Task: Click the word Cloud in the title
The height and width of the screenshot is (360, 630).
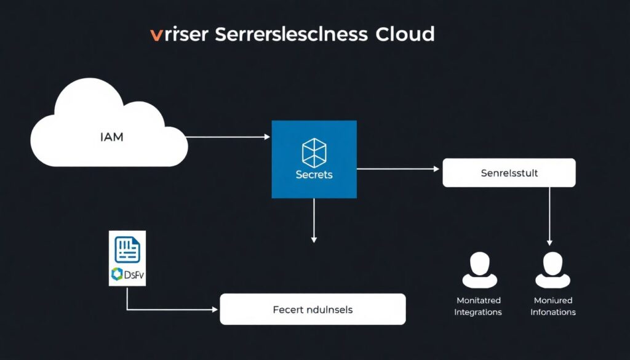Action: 405,34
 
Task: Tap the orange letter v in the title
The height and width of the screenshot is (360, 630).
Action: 156,34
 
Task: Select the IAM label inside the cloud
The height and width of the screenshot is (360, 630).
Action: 111,137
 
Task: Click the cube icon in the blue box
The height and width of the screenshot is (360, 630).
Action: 314,152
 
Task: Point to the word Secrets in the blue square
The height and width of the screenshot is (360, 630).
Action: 314,174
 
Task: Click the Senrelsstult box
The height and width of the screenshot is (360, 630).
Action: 509,173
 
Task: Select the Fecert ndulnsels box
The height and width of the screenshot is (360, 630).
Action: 313,309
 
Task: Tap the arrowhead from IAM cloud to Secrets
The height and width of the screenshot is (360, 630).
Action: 268,137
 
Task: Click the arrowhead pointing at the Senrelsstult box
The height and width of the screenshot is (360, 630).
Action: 439,169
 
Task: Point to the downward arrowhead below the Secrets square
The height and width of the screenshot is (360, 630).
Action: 314,239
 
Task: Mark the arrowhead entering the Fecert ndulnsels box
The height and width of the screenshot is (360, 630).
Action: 217,309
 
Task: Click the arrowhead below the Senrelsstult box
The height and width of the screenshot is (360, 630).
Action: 549,242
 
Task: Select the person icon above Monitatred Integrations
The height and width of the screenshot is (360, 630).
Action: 479,270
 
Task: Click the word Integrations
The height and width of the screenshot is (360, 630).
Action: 478,312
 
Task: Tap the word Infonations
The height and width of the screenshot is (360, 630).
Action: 553,312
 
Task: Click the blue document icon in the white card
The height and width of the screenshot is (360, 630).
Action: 127,249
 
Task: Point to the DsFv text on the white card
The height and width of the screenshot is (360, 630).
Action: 134,275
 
